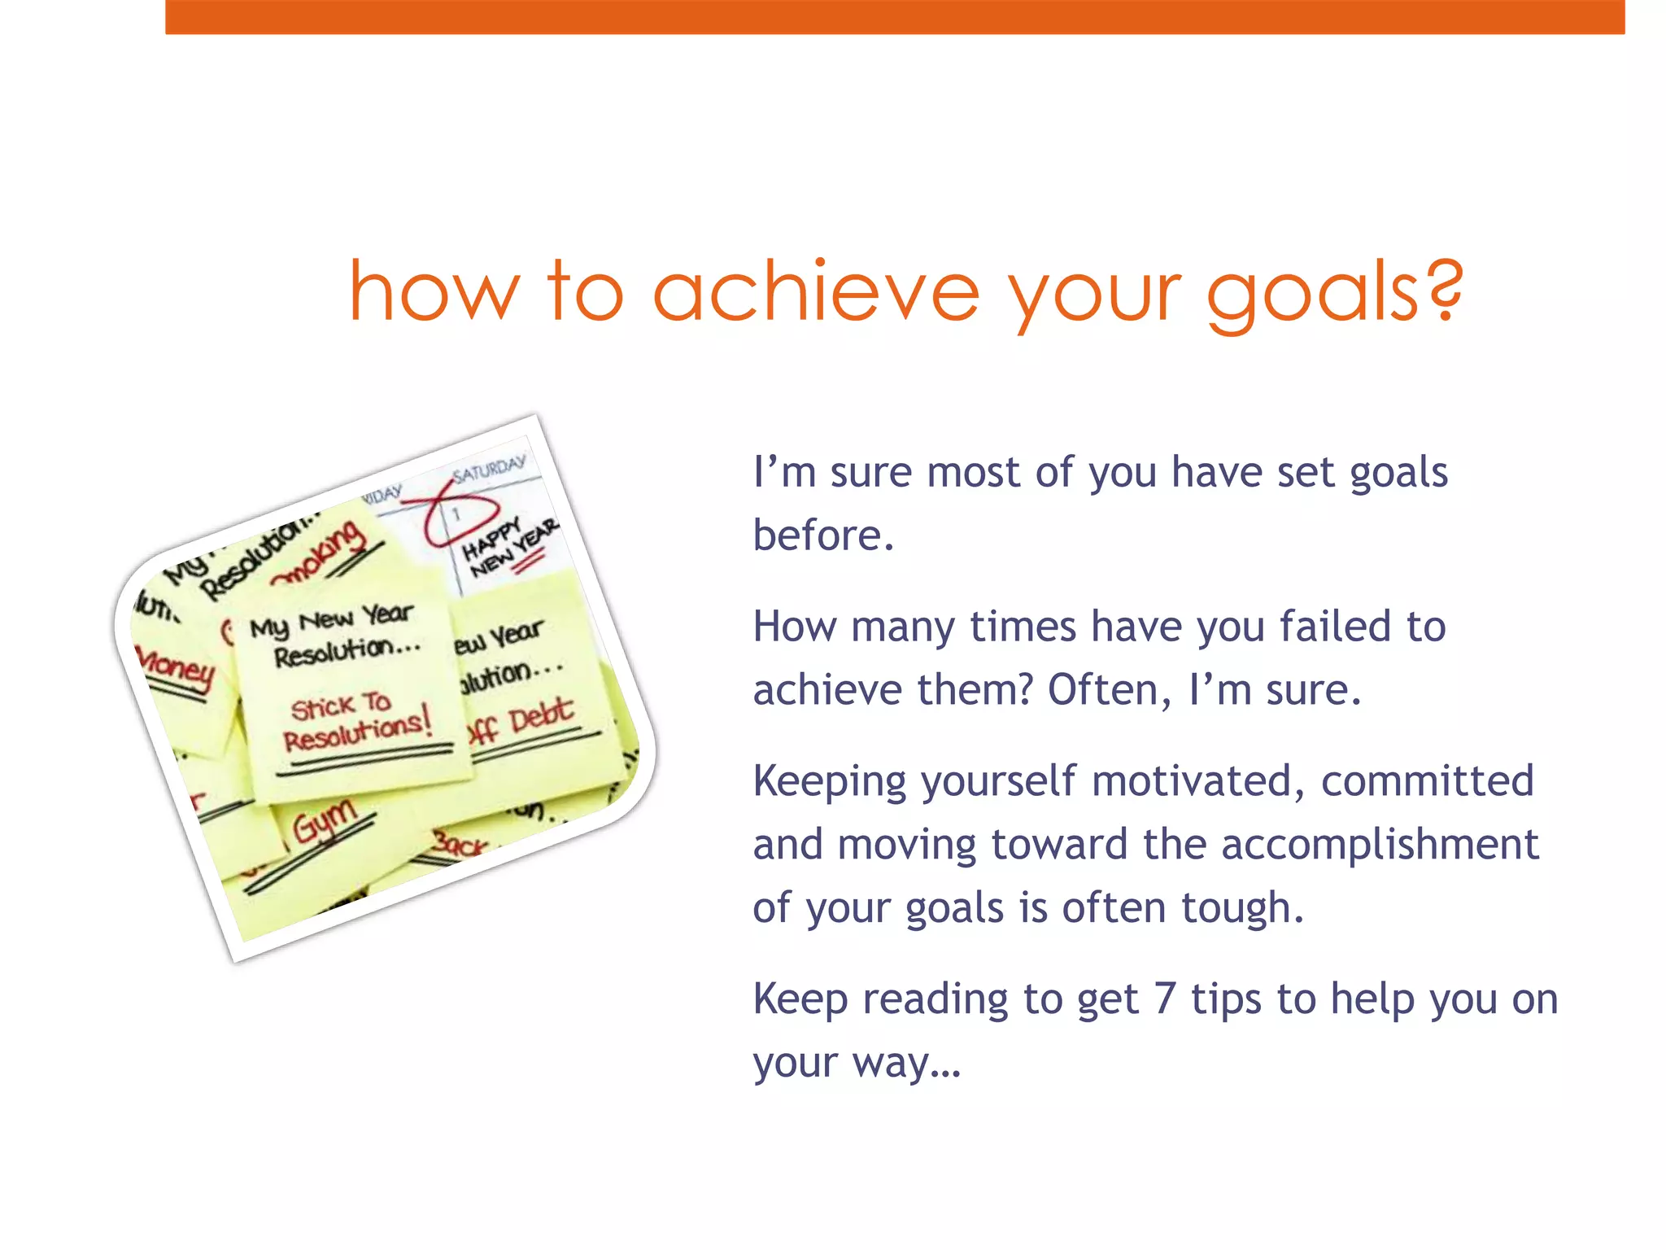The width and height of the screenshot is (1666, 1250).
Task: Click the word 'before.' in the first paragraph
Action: click(x=823, y=535)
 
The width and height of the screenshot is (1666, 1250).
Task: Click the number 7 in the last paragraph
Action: click(x=1165, y=999)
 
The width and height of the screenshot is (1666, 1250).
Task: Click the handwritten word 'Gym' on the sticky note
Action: click(x=325, y=820)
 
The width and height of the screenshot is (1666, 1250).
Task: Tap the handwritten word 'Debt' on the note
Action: click(x=541, y=715)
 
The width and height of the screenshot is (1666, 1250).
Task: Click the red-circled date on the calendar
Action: click(x=457, y=514)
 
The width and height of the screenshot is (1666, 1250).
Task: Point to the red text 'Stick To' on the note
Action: click(x=341, y=706)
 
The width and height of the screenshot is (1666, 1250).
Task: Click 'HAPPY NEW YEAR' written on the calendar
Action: click(x=509, y=547)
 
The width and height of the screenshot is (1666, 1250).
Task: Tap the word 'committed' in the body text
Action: click(x=1428, y=781)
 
